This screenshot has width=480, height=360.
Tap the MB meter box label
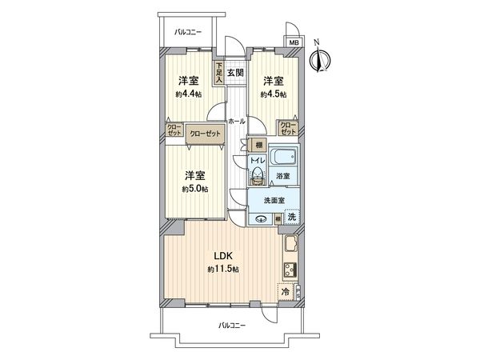click(x=294, y=42)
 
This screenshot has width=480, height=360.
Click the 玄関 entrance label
click(x=235, y=73)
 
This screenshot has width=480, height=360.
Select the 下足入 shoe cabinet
click(x=218, y=74)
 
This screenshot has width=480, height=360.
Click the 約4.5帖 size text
click(x=272, y=94)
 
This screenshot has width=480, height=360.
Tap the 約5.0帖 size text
click(x=195, y=189)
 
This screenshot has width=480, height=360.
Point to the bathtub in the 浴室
click(x=282, y=156)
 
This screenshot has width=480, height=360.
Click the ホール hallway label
click(x=236, y=121)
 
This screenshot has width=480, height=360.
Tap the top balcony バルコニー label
click(x=188, y=32)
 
